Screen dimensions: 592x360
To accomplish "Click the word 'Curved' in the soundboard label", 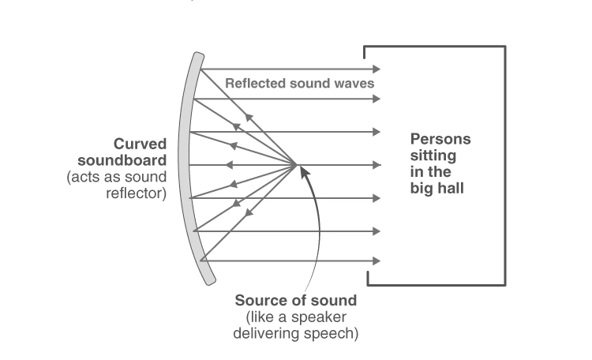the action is click(140, 144).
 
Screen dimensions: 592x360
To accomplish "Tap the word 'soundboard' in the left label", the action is click(122, 160).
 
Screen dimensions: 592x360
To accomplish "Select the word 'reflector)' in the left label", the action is click(137, 193).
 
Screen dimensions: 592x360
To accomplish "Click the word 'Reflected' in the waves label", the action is click(255, 83).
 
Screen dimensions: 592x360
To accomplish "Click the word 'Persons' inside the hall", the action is click(440, 139).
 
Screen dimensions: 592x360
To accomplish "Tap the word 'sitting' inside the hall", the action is click(433, 156).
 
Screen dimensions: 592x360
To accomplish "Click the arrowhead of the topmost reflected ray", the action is click(377, 69).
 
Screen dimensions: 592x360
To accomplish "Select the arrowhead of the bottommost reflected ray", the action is click(377, 261).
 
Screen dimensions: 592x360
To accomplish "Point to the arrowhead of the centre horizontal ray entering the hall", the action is click(377, 165).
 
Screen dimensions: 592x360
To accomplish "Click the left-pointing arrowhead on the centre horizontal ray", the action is click(229, 165).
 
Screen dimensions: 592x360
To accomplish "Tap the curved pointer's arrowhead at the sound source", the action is click(305, 171).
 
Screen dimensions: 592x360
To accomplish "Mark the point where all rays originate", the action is click(296, 165).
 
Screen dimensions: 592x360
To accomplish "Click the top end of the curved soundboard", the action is click(199, 55).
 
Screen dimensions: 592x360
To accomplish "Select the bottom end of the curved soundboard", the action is click(211, 281).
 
